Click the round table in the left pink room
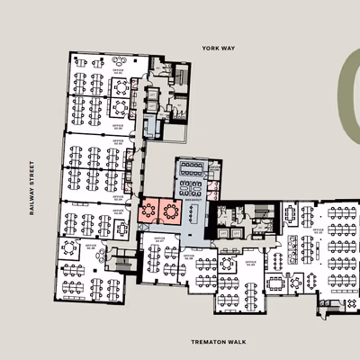[x=149, y=211]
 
